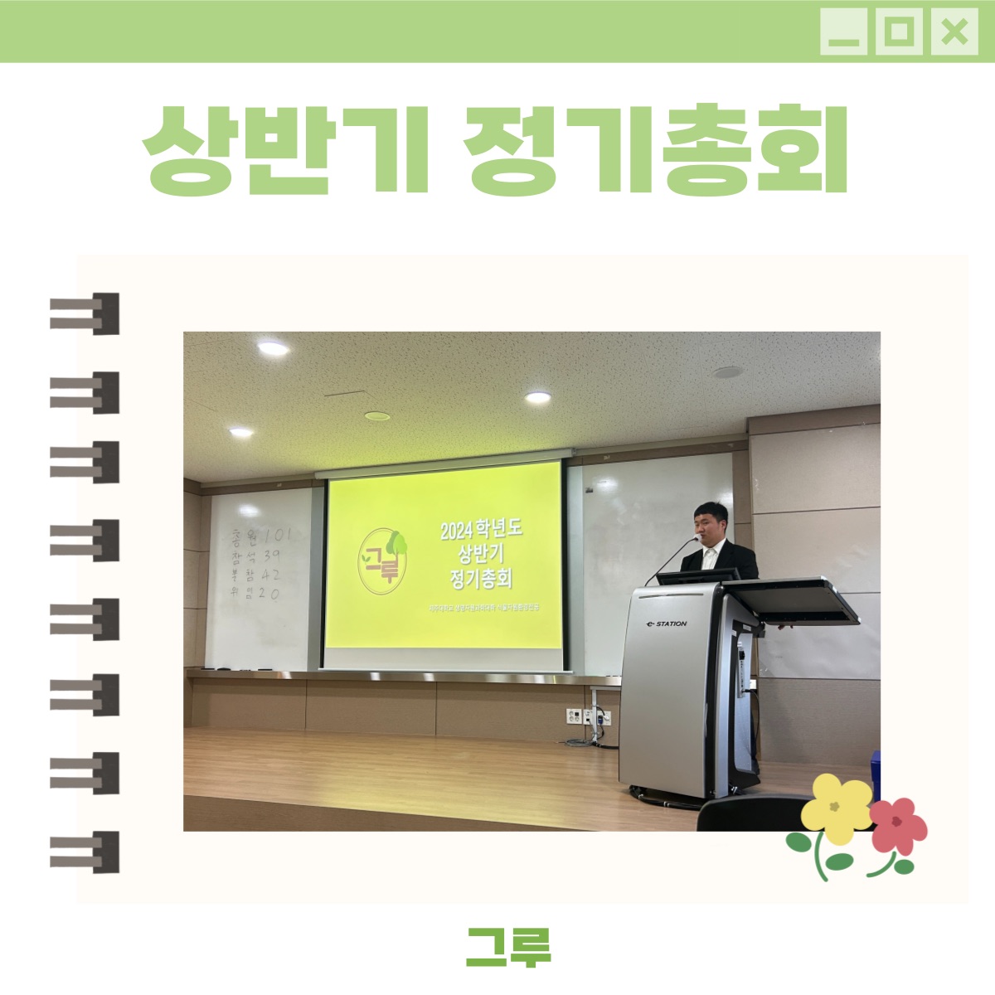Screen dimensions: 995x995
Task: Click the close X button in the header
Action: (x=954, y=33)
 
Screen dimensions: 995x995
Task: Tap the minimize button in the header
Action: (x=843, y=33)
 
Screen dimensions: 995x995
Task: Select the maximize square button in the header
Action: (x=899, y=33)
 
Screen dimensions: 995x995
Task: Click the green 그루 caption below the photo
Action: (x=508, y=947)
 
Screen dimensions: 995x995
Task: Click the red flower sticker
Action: (x=897, y=825)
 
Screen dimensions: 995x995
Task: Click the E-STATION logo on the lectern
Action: (x=667, y=624)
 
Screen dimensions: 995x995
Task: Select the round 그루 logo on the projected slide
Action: (x=383, y=560)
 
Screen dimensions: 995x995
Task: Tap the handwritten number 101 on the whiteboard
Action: (x=277, y=536)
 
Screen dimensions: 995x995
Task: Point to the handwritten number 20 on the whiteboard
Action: (x=269, y=593)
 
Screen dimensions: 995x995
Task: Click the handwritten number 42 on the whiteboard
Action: (x=270, y=574)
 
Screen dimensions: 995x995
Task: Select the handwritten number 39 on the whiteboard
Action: (x=271, y=555)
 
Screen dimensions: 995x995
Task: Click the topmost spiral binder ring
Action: (x=85, y=313)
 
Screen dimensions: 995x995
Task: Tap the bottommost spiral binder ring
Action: (x=85, y=852)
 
